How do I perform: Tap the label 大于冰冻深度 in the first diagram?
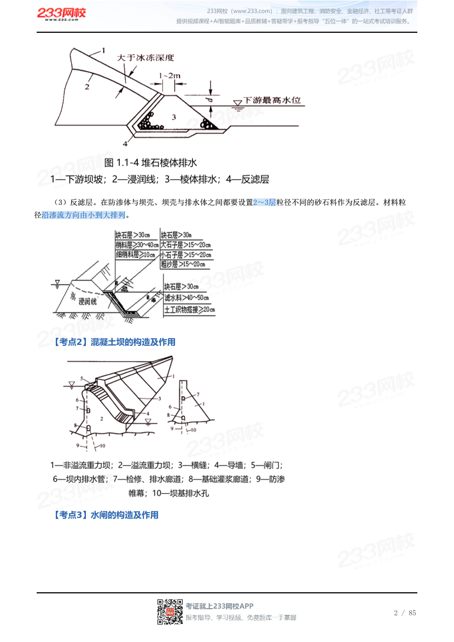coord(145,56)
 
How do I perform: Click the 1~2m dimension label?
coord(169,75)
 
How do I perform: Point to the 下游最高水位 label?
coord(272,101)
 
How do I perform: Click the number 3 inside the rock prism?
coord(173,117)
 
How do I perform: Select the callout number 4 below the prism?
coord(125,143)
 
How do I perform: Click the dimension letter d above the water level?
coord(210,101)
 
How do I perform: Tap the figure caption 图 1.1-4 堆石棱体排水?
coord(150,162)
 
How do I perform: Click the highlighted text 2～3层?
coord(264,202)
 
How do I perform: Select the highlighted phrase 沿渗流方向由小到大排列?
coord(83,215)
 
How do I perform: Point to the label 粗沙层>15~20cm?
coord(183,264)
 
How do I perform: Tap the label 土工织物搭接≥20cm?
coord(190,310)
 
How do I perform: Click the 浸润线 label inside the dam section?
coord(87,301)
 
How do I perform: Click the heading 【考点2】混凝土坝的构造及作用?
coord(114,342)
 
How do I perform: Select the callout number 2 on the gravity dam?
coord(102,417)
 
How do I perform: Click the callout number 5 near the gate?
coord(81,379)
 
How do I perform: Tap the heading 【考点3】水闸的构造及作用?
coord(106,515)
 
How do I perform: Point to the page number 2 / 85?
coord(405,612)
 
